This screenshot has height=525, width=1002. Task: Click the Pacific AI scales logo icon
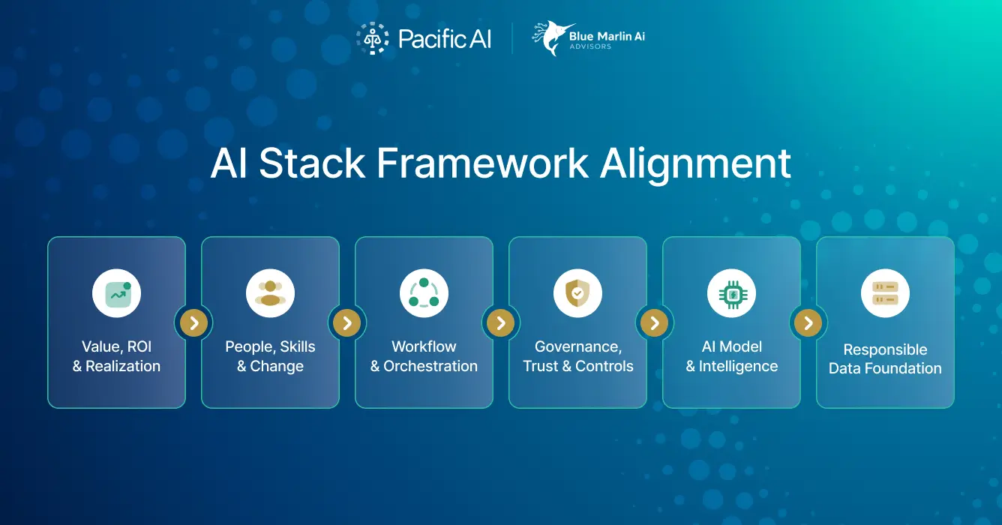tap(371, 38)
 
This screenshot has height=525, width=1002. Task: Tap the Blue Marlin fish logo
tap(550, 38)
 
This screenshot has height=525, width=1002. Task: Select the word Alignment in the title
tap(696, 163)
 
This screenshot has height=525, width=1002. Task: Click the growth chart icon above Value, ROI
tap(116, 293)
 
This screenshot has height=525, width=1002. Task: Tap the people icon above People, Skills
tap(270, 293)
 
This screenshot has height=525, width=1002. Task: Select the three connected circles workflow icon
tap(424, 293)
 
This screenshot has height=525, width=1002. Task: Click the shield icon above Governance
tap(577, 293)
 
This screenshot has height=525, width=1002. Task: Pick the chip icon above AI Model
tap(731, 293)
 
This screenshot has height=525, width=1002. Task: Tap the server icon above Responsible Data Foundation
tap(885, 293)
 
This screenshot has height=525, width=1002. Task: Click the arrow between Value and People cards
tap(193, 323)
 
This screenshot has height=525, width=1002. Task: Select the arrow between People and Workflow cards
tap(347, 323)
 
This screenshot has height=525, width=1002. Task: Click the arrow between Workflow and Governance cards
tap(501, 323)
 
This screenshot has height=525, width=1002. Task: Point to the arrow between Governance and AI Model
tap(655, 323)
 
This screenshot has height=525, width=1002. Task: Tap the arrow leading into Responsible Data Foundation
tap(808, 323)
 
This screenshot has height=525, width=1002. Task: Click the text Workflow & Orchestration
tap(424, 356)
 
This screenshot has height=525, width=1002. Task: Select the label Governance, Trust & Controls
tap(577, 356)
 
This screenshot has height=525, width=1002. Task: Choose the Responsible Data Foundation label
tap(885, 358)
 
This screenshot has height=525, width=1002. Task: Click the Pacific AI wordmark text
tap(445, 39)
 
